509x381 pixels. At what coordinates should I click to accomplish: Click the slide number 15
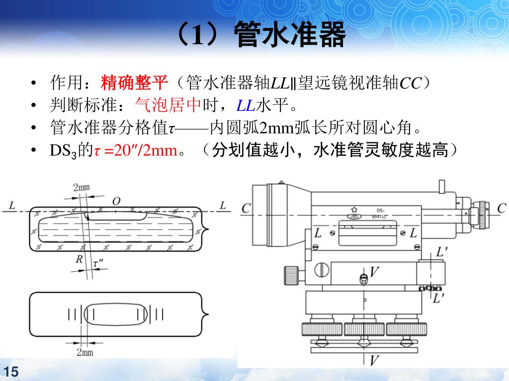pos(10,372)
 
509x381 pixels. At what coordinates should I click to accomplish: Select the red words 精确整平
pos(135,82)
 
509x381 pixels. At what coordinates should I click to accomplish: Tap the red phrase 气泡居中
pos(167,105)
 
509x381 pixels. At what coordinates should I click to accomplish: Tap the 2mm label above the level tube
pos(82,188)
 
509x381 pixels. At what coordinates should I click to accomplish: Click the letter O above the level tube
pos(116,201)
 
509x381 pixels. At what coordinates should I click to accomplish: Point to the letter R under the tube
pos(79,258)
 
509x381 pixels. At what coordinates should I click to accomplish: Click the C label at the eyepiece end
pos(501,208)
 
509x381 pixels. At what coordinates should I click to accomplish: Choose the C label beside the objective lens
pos(246,208)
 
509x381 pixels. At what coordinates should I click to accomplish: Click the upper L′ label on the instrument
pos(441,253)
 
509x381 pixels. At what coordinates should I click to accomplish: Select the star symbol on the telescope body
pos(354,209)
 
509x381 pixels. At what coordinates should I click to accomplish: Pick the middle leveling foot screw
pos(364,329)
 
